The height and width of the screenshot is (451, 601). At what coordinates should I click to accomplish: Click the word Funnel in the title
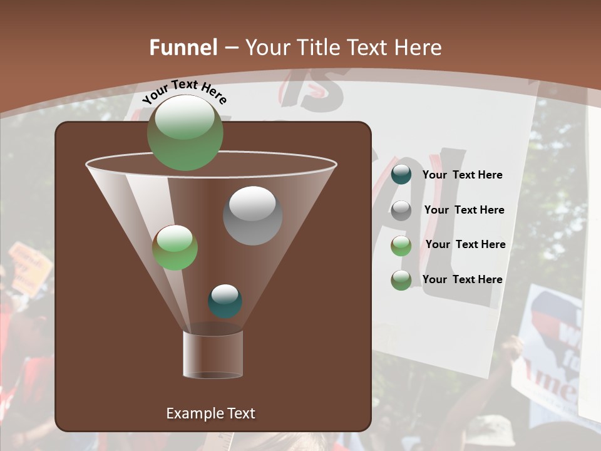click(183, 48)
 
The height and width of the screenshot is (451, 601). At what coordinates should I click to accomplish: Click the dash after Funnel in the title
click(230, 48)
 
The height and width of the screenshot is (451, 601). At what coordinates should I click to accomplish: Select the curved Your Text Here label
click(185, 91)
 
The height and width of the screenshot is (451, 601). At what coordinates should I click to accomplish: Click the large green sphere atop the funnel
click(185, 132)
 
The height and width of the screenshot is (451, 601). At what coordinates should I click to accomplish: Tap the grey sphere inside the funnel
click(252, 215)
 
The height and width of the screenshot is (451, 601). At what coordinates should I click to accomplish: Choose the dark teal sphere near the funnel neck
click(225, 301)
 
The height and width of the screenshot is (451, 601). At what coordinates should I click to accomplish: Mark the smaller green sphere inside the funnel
click(175, 247)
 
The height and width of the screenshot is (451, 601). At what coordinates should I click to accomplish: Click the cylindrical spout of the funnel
click(212, 355)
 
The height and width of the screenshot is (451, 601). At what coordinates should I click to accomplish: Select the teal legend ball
click(401, 175)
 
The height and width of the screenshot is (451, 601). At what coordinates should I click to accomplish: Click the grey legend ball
click(401, 210)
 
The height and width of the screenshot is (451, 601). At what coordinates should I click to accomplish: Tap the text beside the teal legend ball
click(462, 175)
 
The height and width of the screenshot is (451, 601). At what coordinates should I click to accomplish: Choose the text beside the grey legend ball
click(464, 210)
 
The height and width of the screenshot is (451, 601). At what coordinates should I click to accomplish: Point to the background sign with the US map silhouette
click(551, 351)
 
